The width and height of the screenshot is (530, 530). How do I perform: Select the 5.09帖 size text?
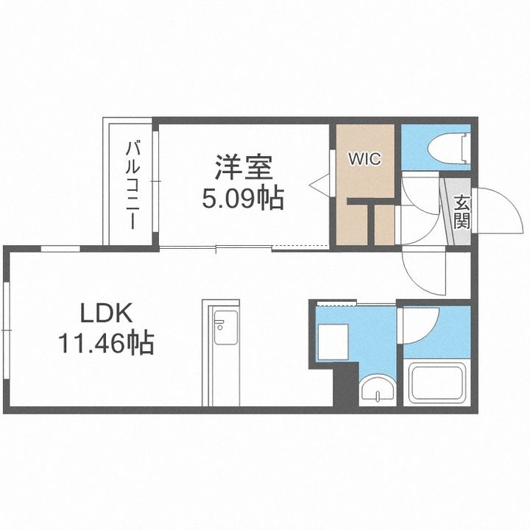tap(244, 198)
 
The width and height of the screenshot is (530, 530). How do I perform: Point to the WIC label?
tap(364, 158)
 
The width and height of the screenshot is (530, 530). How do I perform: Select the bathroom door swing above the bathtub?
tap(420, 324)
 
